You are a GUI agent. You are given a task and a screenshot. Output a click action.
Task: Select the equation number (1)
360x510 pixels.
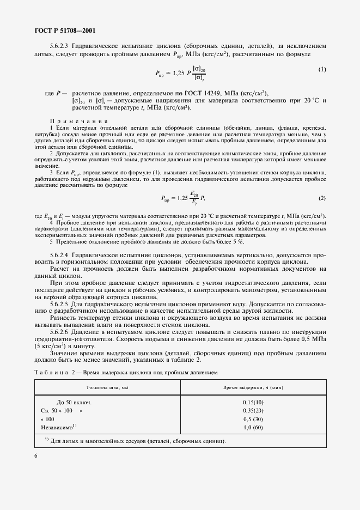click(322, 69)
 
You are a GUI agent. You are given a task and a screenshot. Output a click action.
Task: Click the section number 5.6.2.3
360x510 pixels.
click(63, 46)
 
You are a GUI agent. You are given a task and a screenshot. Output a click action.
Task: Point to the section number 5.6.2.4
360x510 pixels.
click(63, 254)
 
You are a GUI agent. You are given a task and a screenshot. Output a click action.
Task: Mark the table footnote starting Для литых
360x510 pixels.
click(136, 441)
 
